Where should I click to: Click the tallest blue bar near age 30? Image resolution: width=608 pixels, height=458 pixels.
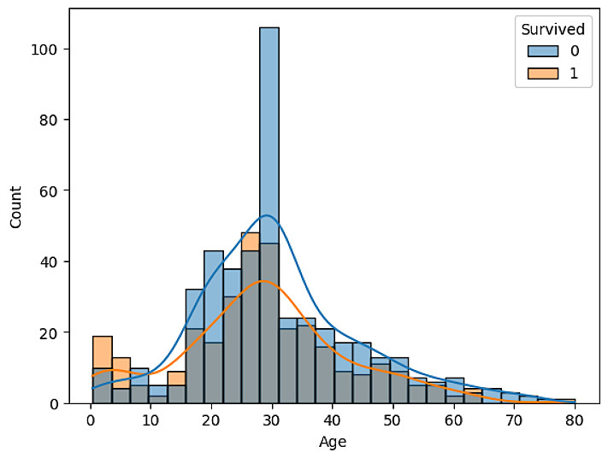pos(269,128)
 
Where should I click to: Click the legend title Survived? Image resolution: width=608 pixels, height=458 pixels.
pos(554,29)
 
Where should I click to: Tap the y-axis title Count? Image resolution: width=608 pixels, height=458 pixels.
pos(16,206)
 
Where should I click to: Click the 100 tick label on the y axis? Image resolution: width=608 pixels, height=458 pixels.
pos(46,50)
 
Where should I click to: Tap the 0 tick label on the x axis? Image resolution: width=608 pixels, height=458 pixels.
pos(91,420)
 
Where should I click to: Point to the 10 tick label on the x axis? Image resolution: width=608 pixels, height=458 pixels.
pos(151,420)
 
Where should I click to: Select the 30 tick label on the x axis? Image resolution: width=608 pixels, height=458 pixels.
pos(272,420)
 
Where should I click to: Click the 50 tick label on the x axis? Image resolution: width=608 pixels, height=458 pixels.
pos(393,420)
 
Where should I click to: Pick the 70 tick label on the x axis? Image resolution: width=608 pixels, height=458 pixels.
pos(514,420)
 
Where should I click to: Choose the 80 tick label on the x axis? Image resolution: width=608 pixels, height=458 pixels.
pos(575,420)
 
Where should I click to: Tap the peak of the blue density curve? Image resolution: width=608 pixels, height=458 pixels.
pos(267,215)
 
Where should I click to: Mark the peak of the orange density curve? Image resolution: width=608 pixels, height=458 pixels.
pos(264,281)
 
